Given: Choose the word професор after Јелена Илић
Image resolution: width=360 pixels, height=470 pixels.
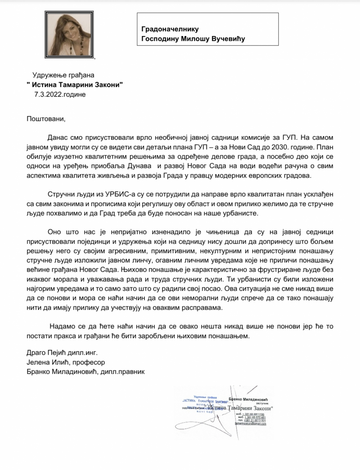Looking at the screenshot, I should click(88, 362).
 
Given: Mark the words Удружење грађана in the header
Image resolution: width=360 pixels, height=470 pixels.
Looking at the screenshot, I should click(64, 75).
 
